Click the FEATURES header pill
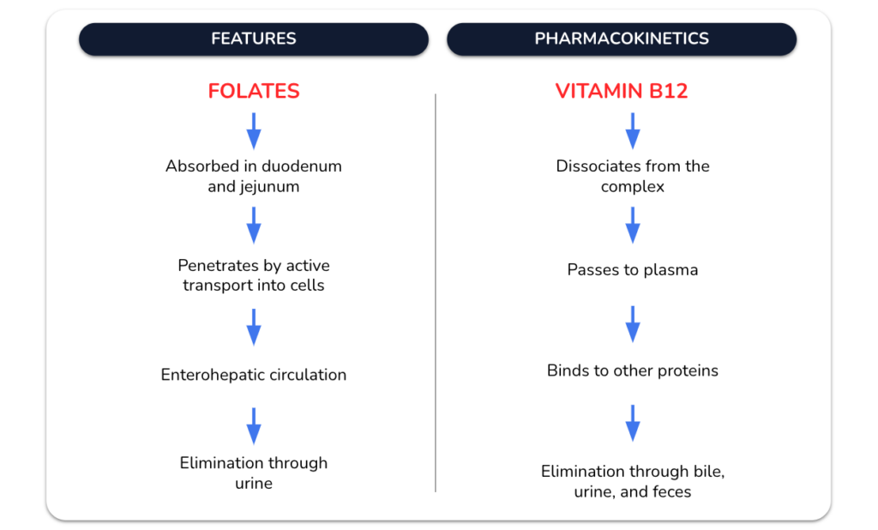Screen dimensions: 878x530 [254, 39]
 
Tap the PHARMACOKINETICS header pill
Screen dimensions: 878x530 [622, 39]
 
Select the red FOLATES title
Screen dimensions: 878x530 [254, 91]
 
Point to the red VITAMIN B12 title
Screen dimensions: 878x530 [622, 91]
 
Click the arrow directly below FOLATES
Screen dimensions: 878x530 [254, 131]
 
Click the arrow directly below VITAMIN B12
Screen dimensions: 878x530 [633, 131]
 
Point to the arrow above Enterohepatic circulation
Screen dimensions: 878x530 [254, 328]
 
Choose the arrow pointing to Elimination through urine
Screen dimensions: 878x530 [254, 426]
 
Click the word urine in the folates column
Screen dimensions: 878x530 [254, 484]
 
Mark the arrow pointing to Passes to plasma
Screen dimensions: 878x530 [633, 226]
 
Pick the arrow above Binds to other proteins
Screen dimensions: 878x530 [633, 324]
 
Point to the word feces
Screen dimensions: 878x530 [671, 492]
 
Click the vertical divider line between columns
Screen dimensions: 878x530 [436, 293]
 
